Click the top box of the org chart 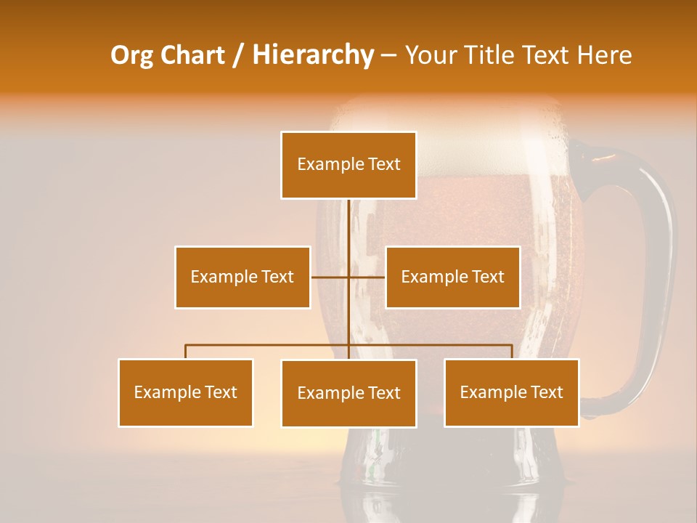348,165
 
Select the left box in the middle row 242,277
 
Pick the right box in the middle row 453,277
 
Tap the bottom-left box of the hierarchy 186,392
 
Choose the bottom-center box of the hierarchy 348,393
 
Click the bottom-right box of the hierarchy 512,392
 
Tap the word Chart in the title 197,55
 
